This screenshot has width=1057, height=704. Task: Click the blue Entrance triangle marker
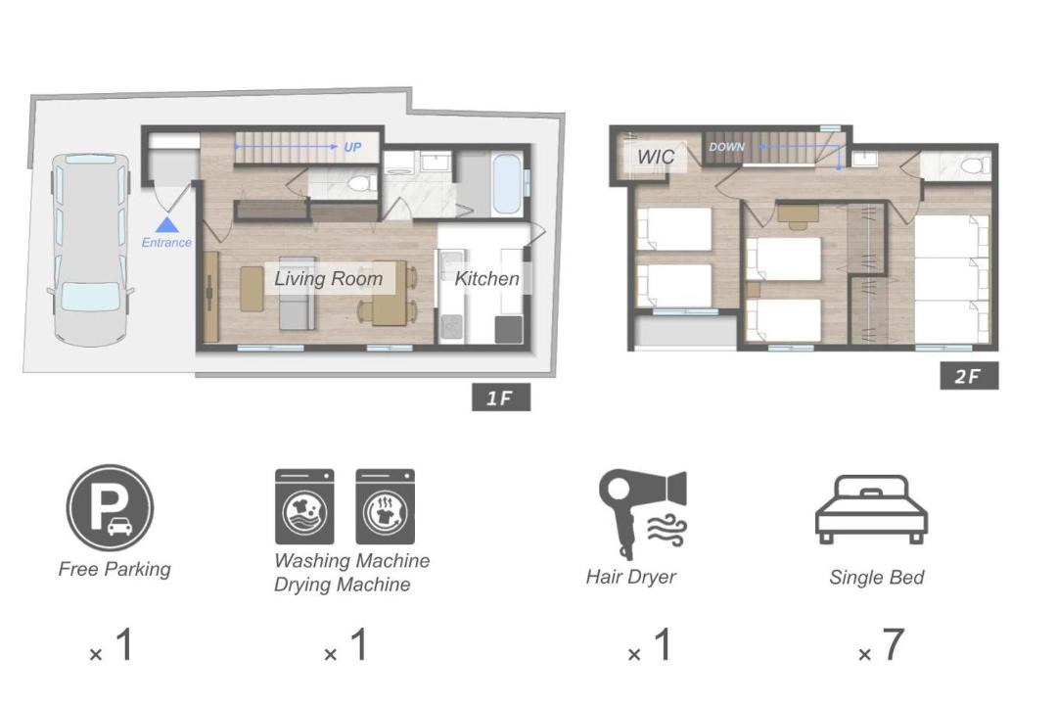pos(166,224)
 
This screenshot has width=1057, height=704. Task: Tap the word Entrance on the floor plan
pos(166,243)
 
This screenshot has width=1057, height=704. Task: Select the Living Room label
pos(328,278)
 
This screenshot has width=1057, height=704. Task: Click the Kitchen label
pos(486,278)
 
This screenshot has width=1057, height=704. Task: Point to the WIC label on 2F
pos(655,157)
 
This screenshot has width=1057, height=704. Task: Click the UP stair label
pos(352,147)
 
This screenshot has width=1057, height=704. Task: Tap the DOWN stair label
pos(726,146)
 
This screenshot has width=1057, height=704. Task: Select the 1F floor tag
pos(501,398)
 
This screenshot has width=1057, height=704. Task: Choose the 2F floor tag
pos(969,376)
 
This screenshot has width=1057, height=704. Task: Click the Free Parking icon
pos(110,507)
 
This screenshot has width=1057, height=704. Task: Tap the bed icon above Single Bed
pos(871,509)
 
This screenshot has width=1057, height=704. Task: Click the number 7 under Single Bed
pos(893,644)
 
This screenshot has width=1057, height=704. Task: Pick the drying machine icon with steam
pos(385,506)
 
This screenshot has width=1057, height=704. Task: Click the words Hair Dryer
pos(630,578)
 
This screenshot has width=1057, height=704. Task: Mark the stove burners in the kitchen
pos(451,326)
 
